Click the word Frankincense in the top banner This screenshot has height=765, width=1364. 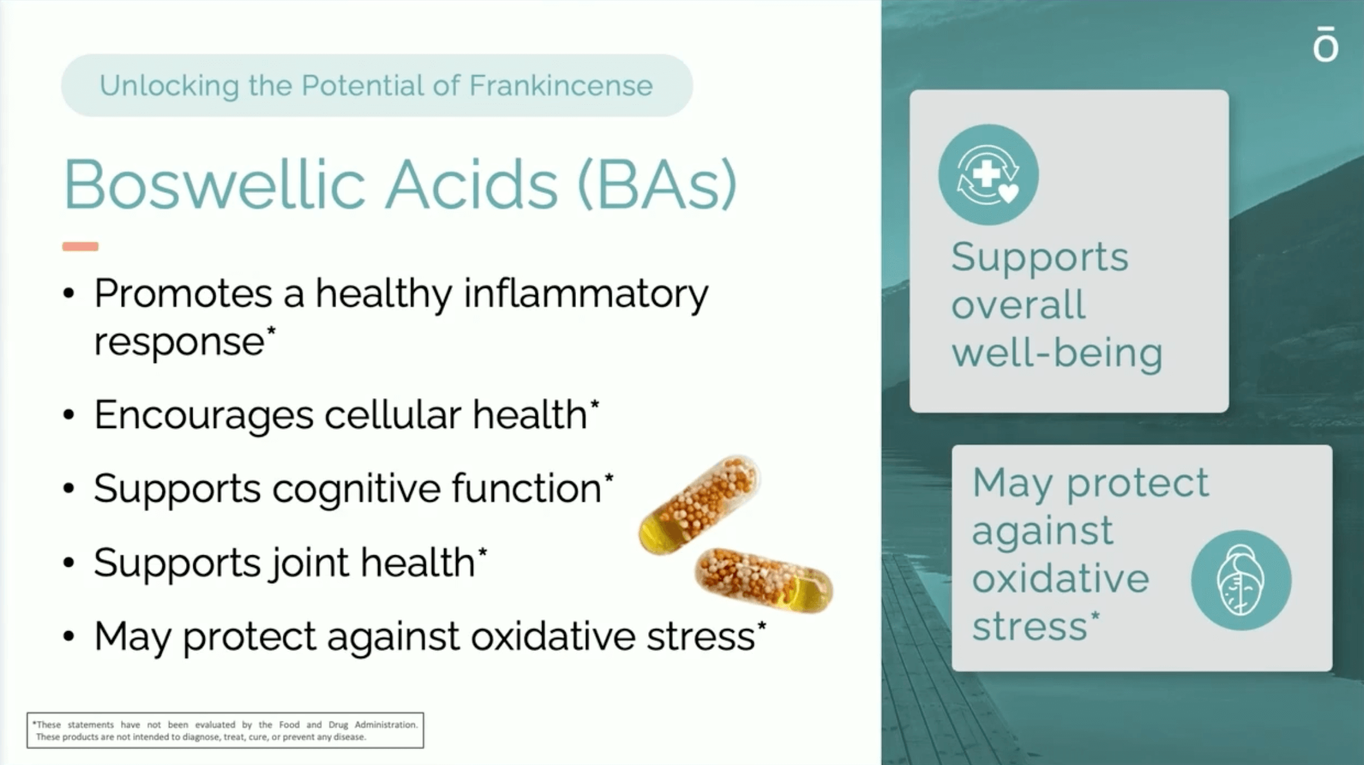561,85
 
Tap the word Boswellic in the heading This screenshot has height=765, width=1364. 214,184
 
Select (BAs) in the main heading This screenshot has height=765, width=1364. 658,185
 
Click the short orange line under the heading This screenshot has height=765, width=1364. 80,246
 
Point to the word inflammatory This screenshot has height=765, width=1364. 586,294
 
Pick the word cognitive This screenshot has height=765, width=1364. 356,489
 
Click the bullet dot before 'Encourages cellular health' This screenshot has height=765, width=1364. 68,415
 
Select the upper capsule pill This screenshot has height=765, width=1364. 700,504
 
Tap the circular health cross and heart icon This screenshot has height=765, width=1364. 988,175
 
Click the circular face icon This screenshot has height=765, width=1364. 1241,580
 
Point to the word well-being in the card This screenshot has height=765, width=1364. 1057,353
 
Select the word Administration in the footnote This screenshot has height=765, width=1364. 386,724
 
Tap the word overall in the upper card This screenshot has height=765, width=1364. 1018,304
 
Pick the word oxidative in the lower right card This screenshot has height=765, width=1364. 1061,578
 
